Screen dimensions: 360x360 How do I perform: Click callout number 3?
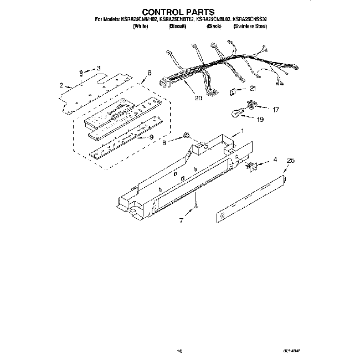(x=99, y=68)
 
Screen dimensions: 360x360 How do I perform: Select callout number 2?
(x=60, y=85)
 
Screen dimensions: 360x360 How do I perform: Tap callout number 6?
(x=149, y=73)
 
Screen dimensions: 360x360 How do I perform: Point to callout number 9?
(x=150, y=137)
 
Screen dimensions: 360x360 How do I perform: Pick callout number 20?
(x=198, y=98)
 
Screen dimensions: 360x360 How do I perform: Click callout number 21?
(x=253, y=88)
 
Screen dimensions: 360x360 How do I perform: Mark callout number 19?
(x=260, y=119)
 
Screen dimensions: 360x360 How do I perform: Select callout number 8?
(x=164, y=142)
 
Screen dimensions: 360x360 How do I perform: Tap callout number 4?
(x=275, y=160)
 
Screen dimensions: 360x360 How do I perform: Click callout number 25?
(x=291, y=161)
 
